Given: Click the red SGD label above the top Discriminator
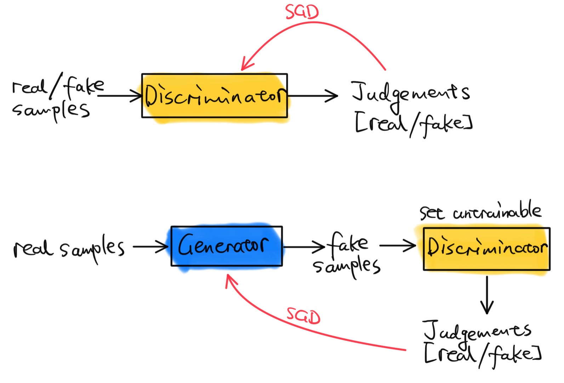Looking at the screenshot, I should [302, 11].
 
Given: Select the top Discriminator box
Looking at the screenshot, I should [215, 96].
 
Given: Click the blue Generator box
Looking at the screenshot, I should [227, 246].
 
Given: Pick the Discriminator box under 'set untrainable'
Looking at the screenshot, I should [486, 249].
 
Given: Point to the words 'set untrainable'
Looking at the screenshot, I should [480, 212].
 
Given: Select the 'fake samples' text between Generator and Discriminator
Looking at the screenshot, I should [347, 254].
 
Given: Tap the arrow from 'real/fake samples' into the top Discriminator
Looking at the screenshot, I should [120, 96].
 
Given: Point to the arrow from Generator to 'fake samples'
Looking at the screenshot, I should [304, 247].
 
